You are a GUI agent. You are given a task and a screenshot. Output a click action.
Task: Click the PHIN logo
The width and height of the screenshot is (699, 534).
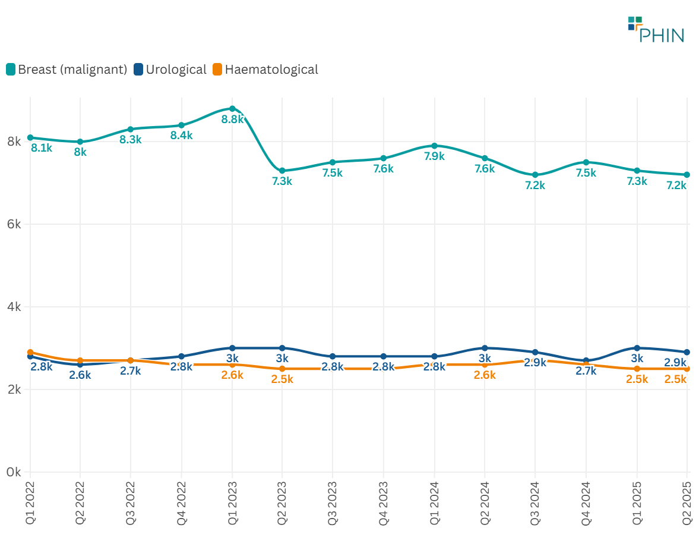point(656,30)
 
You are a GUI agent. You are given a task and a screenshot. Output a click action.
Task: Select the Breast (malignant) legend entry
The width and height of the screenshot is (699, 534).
point(67,70)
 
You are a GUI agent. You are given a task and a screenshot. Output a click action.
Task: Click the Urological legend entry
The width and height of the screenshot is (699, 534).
point(170,70)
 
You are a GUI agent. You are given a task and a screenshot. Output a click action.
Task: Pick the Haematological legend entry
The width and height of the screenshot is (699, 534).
point(265,70)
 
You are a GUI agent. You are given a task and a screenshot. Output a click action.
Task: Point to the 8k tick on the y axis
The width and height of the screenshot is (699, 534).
point(14,142)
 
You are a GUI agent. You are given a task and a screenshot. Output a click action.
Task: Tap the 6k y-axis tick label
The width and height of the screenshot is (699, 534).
point(14,224)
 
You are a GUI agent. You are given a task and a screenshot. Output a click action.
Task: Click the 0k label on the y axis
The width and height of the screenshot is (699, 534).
point(14,472)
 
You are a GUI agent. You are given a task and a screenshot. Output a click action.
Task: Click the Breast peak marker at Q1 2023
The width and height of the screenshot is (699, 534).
point(232,109)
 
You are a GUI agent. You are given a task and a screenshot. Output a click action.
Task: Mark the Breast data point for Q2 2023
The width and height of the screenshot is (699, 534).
point(282,171)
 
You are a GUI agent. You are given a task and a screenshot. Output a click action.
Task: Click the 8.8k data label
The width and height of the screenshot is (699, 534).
point(232,119)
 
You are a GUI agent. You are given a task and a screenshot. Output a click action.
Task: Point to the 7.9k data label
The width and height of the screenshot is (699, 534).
point(434,156)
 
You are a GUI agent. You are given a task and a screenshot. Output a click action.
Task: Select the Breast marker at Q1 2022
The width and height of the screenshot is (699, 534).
point(30,137)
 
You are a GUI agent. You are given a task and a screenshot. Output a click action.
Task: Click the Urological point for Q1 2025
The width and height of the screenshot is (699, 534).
point(637,348)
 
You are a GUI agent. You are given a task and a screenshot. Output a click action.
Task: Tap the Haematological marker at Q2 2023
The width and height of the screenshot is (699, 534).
point(282,369)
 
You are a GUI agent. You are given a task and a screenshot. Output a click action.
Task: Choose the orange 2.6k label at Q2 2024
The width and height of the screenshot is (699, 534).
point(485,375)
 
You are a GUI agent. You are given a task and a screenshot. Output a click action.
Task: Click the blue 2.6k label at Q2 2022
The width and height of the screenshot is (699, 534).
point(80,375)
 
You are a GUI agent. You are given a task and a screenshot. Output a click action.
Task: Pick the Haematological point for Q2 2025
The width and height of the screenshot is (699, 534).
point(687,369)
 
